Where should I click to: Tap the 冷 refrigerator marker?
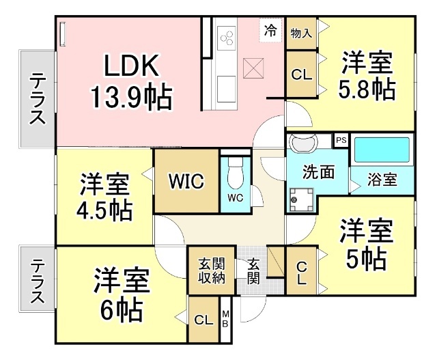point(270,29)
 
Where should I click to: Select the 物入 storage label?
point(301,33)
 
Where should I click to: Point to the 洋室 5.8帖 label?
point(366,76)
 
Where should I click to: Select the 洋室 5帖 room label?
point(366,244)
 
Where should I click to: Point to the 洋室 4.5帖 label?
point(104,197)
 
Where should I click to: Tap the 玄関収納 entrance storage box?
point(211,271)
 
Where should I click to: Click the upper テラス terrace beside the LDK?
point(38,98)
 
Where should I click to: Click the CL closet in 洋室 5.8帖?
point(300,75)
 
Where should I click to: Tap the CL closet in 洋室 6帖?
point(203,320)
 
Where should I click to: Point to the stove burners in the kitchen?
point(226,35)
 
